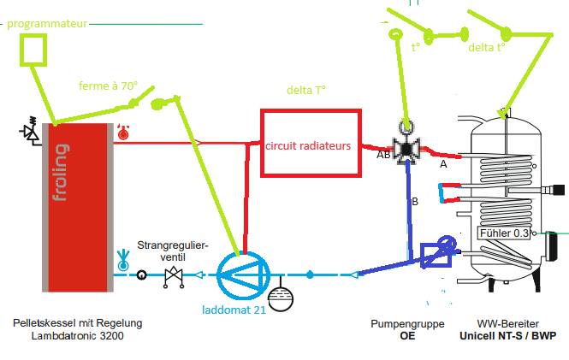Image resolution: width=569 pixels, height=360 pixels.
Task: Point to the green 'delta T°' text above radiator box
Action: tap(307, 90)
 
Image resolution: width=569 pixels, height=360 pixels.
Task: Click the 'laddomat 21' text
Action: tap(234, 309)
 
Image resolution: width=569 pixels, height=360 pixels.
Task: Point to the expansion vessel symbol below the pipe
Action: tap(279, 298)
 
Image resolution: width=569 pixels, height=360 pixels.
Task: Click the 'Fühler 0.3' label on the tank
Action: tap(507, 233)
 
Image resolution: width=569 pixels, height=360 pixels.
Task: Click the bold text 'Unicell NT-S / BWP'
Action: tap(507, 336)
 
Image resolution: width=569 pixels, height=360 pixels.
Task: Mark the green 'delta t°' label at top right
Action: tap(486, 48)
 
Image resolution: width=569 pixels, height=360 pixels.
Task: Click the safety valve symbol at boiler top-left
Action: tap(32, 130)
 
